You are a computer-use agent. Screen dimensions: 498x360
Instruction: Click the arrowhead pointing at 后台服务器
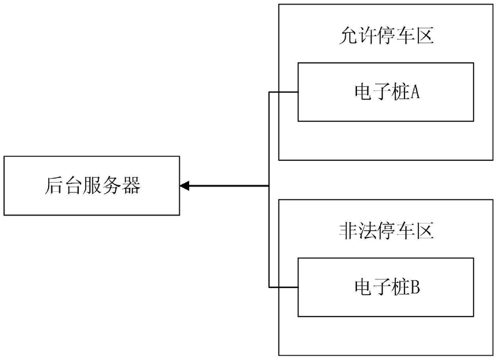pyautogui.click(x=184, y=186)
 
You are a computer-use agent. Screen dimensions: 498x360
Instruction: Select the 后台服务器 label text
pyautogui.click(x=92, y=186)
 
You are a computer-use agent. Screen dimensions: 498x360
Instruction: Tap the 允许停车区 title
pyautogui.click(x=386, y=36)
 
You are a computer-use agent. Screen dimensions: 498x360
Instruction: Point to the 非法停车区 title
pyautogui.click(x=386, y=231)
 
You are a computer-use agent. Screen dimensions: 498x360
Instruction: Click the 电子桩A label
pyautogui.click(x=387, y=92)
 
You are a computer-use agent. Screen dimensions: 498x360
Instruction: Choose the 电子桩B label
pyautogui.click(x=387, y=287)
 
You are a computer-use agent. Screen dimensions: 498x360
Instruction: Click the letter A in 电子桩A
pyautogui.click(x=416, y=92)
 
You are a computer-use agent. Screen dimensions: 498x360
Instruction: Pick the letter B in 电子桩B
pyautogui.click(x=416, y=287)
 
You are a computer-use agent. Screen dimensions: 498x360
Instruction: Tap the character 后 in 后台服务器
pyautogui.click(x=54, y=186)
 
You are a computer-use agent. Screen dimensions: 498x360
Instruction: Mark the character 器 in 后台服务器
pyautogui.click(x=131, y=186)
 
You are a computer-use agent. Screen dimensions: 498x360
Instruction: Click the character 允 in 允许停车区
pyautogui.click(x=348, y=36)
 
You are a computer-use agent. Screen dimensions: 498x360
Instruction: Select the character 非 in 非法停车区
pyautogui.click(x=348, y=231)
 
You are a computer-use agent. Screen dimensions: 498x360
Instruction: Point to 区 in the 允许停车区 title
pyautogui.click(x=425, y=36)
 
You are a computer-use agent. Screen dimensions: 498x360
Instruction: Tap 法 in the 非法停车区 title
pyautogui.click(x=367, y=231)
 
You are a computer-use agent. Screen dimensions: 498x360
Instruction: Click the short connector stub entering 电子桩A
pyautogui.click(x=284, y=92)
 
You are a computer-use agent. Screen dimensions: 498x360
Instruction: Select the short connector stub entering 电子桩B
pyautogui.click(x=284, y=287)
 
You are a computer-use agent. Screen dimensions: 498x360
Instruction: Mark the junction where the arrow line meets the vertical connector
pyautogui.click(x=269, y=186)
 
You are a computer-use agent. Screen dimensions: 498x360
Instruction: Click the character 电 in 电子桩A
pyautogui.click(x=364, y=92)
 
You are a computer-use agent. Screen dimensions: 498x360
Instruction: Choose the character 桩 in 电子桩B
pyautogui.click(x=401, y=287)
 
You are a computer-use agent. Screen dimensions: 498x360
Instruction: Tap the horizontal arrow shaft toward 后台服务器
pyautogui.click(x=229, y=186)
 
